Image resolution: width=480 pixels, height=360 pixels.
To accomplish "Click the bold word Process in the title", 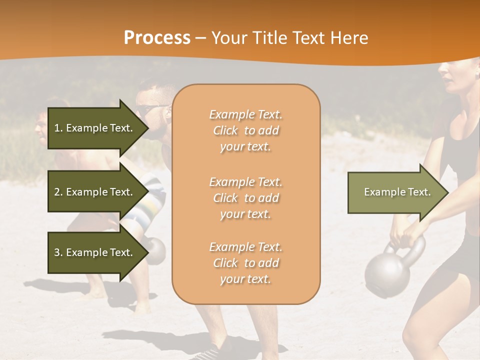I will point(157,37).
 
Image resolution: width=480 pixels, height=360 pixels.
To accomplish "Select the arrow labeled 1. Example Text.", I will point(95,128).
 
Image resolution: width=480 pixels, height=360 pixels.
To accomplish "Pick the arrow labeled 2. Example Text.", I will point(95,192).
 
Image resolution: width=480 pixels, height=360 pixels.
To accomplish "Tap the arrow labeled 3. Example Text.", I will point(95,252).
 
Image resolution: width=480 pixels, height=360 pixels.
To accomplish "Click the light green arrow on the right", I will point(395,192).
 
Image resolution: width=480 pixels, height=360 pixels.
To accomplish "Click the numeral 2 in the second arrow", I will point(56,192).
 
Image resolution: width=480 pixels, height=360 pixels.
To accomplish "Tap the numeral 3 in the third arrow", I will point(56,252).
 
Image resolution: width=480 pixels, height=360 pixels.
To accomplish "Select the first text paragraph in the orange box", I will point(245,130).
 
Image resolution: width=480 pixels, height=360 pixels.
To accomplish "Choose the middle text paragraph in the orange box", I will point(245,197).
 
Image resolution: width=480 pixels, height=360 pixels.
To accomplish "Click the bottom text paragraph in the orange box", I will point(245,263).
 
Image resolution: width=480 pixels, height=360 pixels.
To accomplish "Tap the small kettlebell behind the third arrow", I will point(156,249).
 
